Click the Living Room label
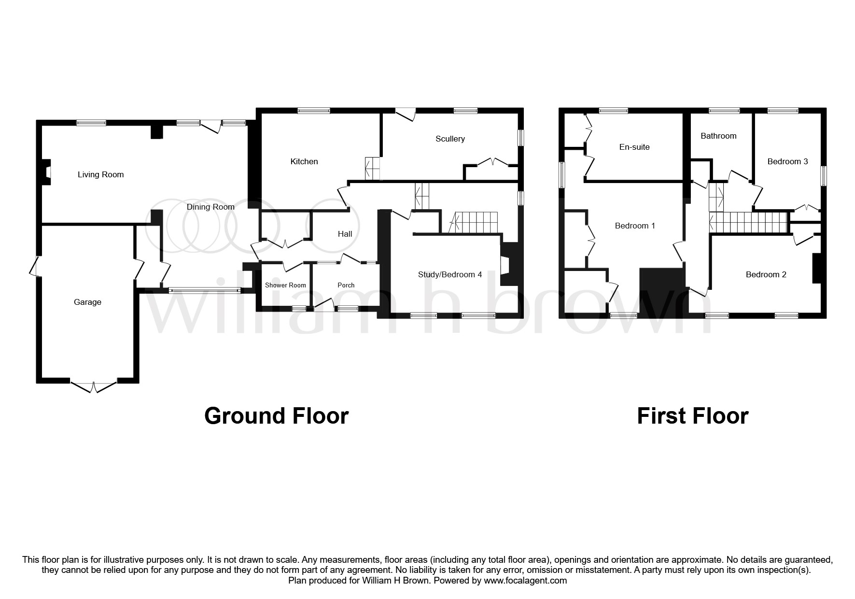pyautogui.click(x=100, y=175)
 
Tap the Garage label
pyautogui.click(x=87, y=302)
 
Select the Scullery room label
pyautogui.click(x=450, y=139)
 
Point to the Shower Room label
pyautogui.click(x=285, y=285)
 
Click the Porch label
pyautogui.click(x=346, y=285)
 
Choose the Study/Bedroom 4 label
pyautogui.click(x=449, y=275)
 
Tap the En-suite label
pyautogui.click(x=634, y=147)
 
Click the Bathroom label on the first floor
pyautogui.click(x=718, y=136)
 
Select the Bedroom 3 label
pyautogui.click(x=787, y=162)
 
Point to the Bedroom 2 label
pyautogui.click(x=766, y=275)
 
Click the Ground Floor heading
pyautogui.click(x=276, y=416)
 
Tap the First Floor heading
pyautogui.click(x=692, y=416)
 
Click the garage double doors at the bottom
pyautogui.click(x=94, y=387)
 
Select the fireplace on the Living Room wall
pyautogui.click(x=47, y=172)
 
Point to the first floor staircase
pyautogui.click(x=748, y=223)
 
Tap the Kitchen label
pyautogui.click(x=304, y=162)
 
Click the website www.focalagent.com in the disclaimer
pyautogui.click(x=525, y=581)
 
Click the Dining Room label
pyautogui.click(x=210, y=207)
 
